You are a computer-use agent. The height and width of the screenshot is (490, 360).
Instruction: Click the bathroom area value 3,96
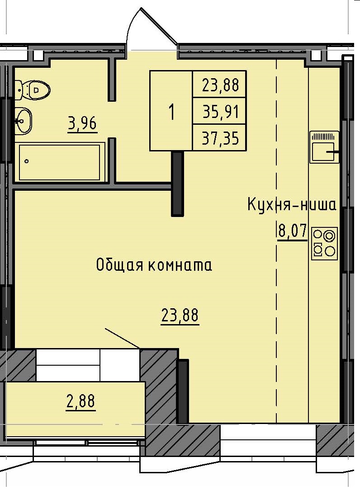[82, 122]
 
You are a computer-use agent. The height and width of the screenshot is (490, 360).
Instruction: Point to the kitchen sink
[324, 147]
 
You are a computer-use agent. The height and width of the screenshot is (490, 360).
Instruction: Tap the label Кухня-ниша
[292, 205]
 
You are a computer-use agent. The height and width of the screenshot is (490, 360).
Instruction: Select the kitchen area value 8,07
[291, 231]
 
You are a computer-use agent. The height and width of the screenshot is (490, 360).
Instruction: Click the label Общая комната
[154, 265]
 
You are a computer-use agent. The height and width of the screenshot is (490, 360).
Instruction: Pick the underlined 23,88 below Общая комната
[180, 315]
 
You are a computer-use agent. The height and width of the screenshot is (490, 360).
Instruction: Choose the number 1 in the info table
[171, 111]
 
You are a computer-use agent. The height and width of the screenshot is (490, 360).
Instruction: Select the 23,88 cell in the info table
[220, 84]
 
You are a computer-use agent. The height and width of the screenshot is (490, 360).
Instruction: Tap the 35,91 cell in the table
[220, 111]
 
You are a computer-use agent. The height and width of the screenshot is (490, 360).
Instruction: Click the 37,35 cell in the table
[220, 138]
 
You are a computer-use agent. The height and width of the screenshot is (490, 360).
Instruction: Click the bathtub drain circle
[27, 161]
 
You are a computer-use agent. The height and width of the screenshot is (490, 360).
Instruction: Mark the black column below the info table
[177, 183]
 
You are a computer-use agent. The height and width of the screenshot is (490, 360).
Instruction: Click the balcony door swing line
[122, 339]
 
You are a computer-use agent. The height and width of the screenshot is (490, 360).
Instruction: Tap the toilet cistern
[19, 89]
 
